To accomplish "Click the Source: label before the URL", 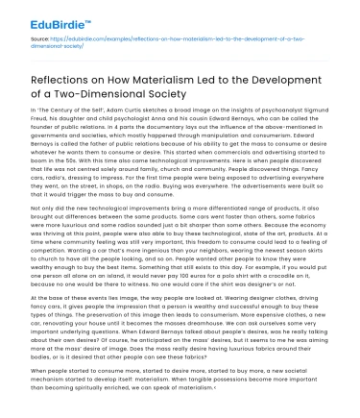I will pos(18,38).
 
